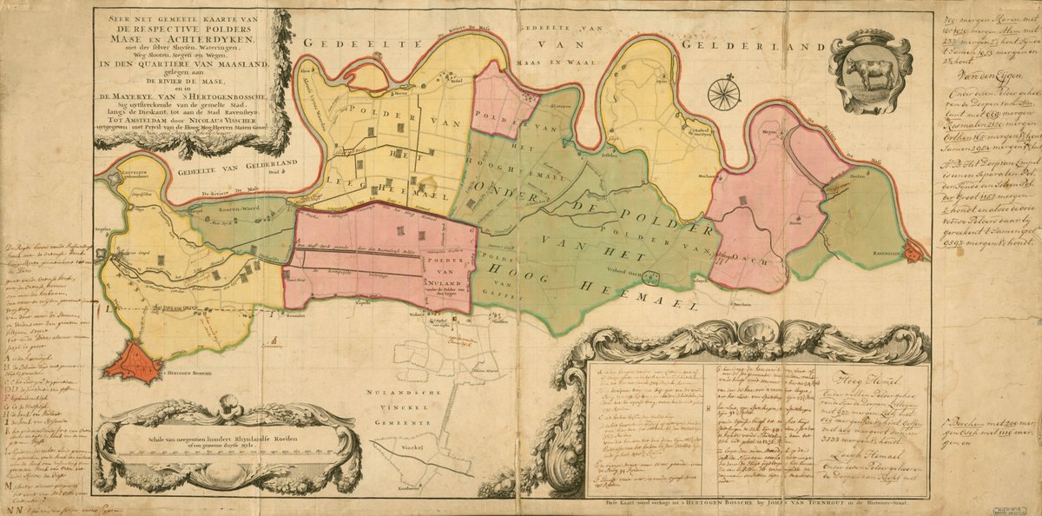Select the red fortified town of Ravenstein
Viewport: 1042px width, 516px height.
(913, 251)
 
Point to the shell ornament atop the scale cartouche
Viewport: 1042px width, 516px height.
(228, 405)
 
